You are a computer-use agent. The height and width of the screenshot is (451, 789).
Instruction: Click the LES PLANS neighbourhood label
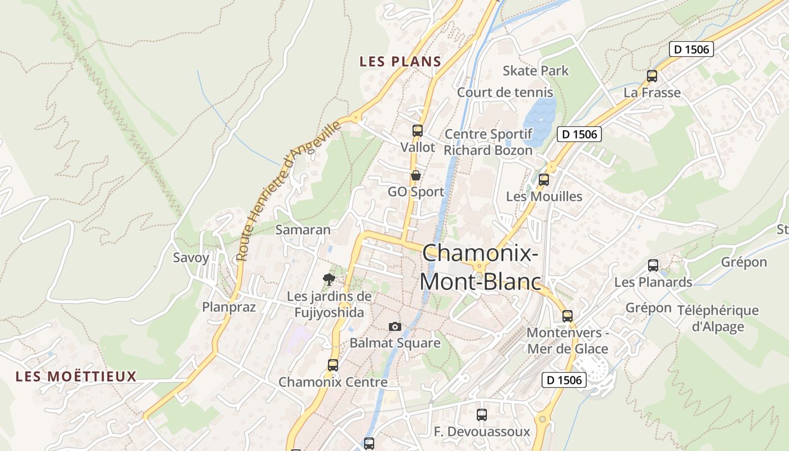click(400, 61)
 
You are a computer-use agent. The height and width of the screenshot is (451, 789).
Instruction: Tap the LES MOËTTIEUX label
click(76, 376)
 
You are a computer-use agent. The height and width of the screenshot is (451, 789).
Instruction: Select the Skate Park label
click(535, 70)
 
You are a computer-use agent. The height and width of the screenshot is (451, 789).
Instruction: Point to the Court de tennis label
click(505, 92)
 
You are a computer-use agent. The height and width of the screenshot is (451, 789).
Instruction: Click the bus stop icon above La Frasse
click(652, 76)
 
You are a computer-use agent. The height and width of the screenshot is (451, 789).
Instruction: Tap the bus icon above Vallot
click(417, 130)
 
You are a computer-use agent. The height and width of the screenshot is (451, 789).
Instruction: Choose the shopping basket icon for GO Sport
click(416, 175)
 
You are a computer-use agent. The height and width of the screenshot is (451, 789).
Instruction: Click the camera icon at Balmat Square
click(395, 326)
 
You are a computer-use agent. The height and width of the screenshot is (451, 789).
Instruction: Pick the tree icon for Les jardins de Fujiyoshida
click(329, 279)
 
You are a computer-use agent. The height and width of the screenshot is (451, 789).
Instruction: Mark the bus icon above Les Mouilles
click(544, 180)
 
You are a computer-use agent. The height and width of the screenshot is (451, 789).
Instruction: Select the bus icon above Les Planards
click(653, 265)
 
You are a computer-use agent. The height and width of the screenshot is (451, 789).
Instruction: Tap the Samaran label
click(303, 229)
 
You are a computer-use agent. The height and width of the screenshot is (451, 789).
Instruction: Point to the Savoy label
click(190, 258)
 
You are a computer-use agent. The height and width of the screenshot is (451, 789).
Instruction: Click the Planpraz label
click(229, 307)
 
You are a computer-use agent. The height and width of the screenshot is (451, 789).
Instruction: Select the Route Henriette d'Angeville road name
click(288, 191)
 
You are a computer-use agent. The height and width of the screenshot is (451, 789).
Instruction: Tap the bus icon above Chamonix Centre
click(333, 365)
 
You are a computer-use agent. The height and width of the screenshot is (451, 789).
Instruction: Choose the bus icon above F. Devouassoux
click(482, 415)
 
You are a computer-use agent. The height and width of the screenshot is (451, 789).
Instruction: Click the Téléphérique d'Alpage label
click(718, 318)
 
